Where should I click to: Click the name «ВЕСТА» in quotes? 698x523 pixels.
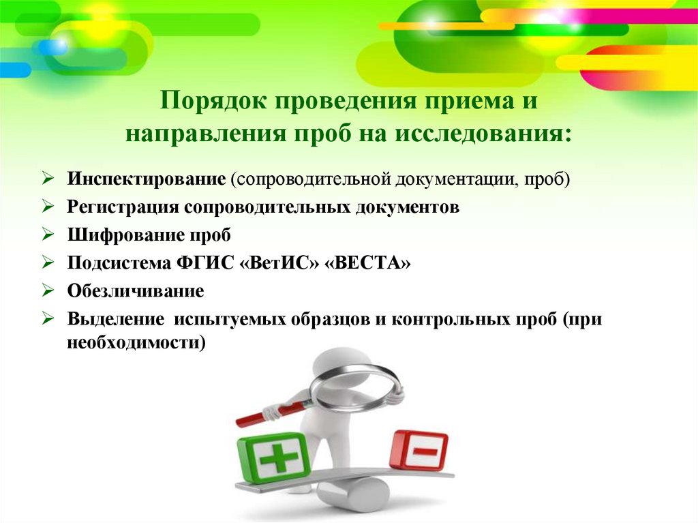click(x=370, y=263)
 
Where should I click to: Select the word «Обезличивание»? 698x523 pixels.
click(x=136, y=292)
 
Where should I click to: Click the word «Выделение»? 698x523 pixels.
click(x=115, y=320)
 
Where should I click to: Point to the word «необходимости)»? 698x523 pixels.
click(x=136, y=344)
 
